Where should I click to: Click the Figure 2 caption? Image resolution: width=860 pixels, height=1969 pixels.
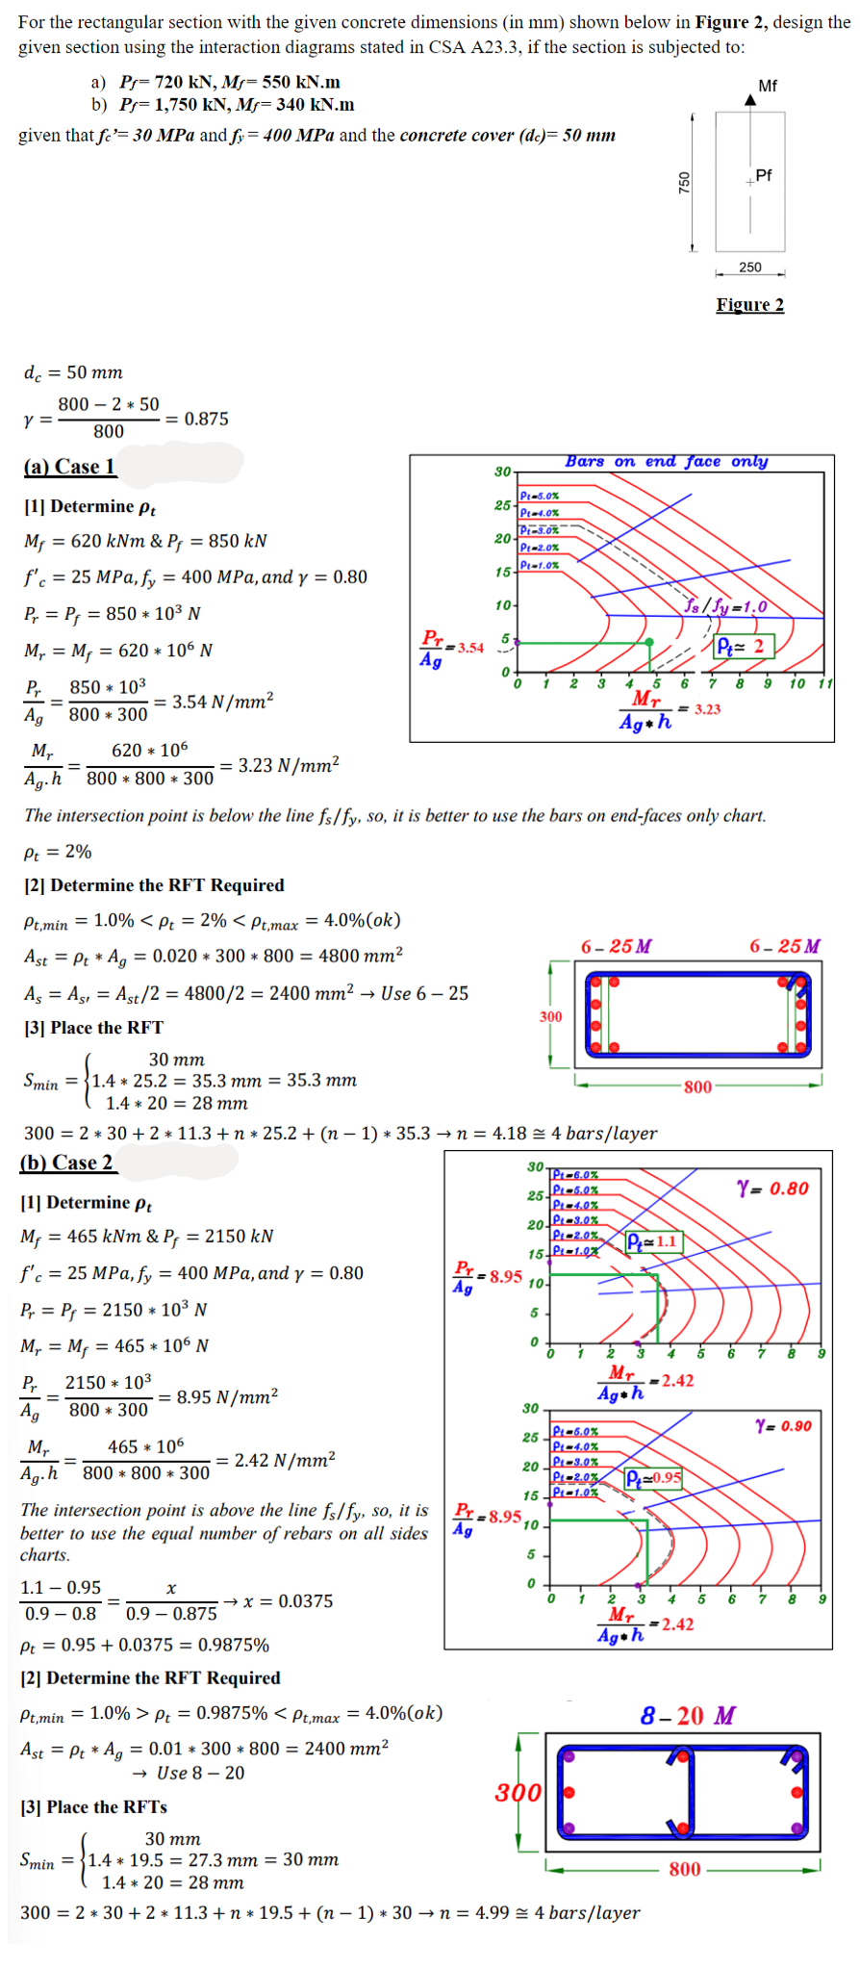[x=749, y=305]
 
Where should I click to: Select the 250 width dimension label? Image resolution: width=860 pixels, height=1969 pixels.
[x=749, y=268]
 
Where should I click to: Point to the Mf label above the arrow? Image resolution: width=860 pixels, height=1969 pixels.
[x=768, y=86]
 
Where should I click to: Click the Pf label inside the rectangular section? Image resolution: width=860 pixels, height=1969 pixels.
[x=764, y=175]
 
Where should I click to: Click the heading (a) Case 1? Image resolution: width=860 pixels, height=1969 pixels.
[x=69, y=467]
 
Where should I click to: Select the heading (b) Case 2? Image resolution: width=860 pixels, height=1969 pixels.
[x=66, y=1163]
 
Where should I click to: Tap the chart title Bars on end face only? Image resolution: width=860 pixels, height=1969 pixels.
[x=667, y=462]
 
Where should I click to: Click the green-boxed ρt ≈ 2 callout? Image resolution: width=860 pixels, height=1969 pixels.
[x=744, y=646]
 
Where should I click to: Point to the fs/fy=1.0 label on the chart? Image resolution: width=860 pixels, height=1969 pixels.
[x=726, y=606]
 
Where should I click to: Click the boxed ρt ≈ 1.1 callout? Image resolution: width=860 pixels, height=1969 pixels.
[x=653, y=1241]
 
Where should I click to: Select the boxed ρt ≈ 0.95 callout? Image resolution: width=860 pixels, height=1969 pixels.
[x=653, y=1477]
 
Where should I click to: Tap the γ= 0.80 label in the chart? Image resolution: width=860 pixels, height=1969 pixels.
[x=772, y=1189]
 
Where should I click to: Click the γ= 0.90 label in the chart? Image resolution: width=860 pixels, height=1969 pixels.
[x=783, y=1425]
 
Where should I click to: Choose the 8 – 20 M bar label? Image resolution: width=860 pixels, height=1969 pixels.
[x=688, y=1715]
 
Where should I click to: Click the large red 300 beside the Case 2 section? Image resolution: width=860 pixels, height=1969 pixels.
[x=519, y=1792]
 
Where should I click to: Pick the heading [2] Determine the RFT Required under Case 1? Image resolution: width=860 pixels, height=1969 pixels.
[x=154, y=885]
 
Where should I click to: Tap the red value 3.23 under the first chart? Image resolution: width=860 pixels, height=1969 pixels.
[x=707, y=709]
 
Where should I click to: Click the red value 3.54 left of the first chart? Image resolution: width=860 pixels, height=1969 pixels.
[x=470, y=648]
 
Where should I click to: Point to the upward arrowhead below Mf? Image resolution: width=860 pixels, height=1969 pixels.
[x=750, y=99]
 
